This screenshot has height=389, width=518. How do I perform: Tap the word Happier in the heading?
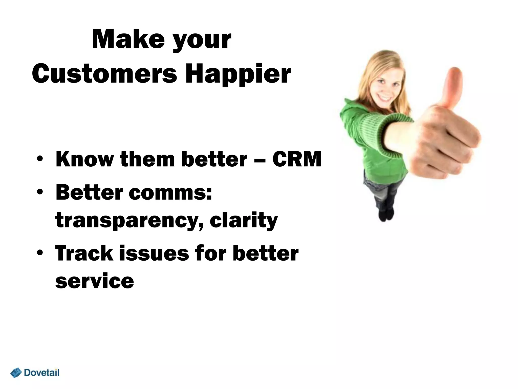(238, 74)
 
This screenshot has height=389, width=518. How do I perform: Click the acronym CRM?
(296, 159)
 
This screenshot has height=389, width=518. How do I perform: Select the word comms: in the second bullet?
(170, 192)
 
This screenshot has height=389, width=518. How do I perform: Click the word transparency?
(129, 220)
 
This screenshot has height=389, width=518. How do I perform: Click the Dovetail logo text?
(42, 373)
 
